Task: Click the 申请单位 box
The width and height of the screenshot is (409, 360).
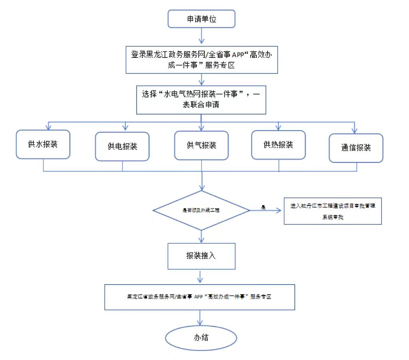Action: (202, 19)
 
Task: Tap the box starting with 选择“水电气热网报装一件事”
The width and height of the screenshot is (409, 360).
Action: (202, 100)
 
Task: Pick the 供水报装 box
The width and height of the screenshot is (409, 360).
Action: (43, 144)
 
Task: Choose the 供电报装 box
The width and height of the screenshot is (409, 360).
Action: (122, 146)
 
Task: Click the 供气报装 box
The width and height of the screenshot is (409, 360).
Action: (201, 146)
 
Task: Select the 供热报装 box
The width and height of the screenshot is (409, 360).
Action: (278, 144)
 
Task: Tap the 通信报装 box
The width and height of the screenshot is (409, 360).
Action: (356, 148)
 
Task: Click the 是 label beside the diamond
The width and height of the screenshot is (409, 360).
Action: (263, 208)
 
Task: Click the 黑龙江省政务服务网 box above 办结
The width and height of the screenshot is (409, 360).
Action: (199, 297)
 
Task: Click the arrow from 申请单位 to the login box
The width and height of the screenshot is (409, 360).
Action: (202, 37)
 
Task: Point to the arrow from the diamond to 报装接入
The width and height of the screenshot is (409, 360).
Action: (202, 236)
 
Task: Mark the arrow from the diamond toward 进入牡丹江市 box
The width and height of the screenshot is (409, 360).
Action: (266, 210)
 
